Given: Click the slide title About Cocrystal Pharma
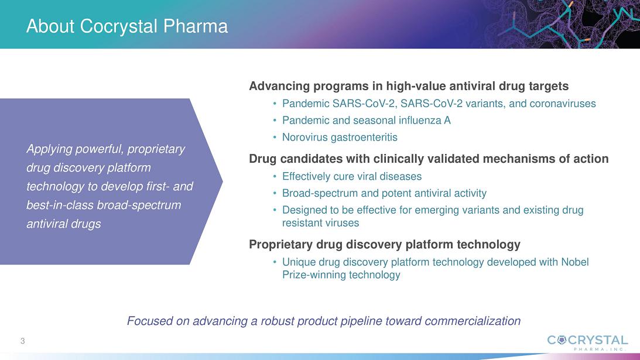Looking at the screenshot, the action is pos(127,26).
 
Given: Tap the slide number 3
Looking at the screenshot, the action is pos(23,341).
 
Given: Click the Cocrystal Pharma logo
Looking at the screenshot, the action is pos(587,342).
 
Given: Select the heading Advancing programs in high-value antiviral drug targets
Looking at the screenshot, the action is pos(409,86).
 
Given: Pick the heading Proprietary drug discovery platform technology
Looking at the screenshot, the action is pos(385,245).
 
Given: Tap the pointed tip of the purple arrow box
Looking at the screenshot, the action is pos(222,181).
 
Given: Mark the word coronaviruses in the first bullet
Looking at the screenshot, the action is pos(563,104).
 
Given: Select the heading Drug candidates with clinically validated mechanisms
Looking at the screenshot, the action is pos(429,159).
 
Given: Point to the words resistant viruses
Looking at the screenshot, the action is pos(320,223).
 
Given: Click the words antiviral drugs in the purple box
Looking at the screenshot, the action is pos(64,224).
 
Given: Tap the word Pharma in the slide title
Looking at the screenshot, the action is pos(196,26).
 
